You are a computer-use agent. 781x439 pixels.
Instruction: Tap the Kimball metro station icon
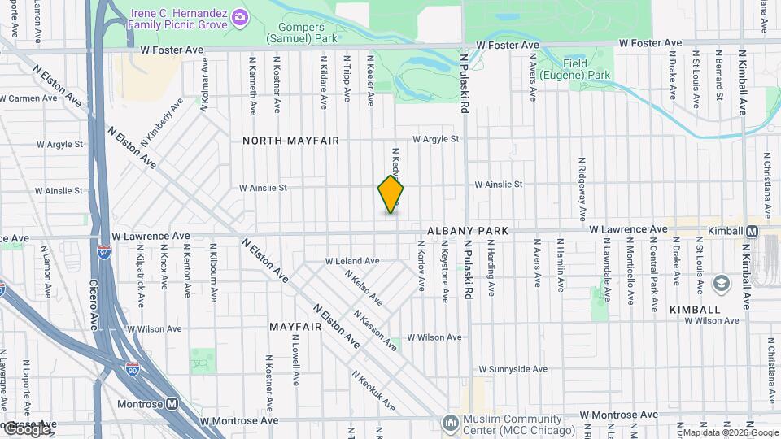pos(753,231)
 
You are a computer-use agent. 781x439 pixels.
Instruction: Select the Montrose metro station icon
pos(172,403)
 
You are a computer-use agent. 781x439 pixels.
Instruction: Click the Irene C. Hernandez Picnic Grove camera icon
pos(239,16)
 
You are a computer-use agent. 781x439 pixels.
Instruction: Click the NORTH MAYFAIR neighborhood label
pos(290,141)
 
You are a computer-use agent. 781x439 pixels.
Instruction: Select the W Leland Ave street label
pos(352,261)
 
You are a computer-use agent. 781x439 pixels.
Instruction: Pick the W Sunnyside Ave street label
pos(513,368)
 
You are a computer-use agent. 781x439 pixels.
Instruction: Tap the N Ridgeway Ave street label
pos(582,189)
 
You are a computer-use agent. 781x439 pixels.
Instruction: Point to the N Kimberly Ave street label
pos(159,123)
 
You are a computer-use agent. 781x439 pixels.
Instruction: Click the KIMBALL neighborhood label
pos(695,311)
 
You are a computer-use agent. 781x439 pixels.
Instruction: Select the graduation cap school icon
pos(720,283)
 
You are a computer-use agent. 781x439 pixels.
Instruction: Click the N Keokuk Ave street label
pos(373,391)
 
